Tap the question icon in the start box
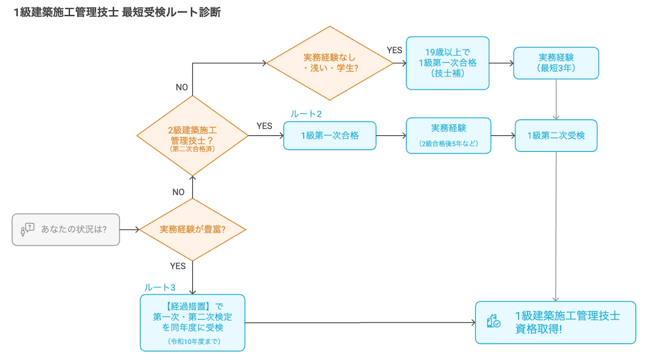point(27,230)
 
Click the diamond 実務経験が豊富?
point(192,229)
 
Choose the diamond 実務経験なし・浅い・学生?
point(330,63)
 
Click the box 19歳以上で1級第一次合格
point(447,63)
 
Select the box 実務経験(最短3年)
point(556,63)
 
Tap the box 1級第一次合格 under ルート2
point(330,135)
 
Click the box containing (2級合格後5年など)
point(448,136)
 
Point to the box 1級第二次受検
point(556,135)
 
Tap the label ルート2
point(306,114)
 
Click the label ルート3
point(160,288)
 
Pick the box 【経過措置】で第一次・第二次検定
point(192,317)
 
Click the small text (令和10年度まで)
point(194,341)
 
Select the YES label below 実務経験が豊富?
point(177,266)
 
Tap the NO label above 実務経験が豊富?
point(178,192)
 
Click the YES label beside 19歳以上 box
point(394,50)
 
